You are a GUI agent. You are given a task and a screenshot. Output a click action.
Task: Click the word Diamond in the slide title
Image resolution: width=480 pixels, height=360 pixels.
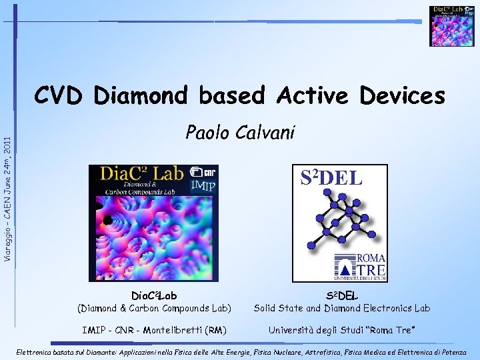click(x=141, y=96)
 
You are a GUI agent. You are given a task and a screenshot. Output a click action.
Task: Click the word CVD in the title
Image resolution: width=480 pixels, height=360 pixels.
click(x=59, y=96)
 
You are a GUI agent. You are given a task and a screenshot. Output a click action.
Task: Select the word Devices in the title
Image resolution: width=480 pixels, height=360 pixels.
click(x=402, y=96)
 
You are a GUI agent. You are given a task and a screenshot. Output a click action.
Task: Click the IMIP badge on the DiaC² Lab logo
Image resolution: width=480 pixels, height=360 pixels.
click(x=203, y=185)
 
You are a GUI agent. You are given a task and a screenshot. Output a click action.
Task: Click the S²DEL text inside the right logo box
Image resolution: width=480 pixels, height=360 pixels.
click(x=331, y=177)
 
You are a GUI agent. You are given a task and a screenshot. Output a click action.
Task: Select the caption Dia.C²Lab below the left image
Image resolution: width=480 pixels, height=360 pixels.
click(x=154, y=295)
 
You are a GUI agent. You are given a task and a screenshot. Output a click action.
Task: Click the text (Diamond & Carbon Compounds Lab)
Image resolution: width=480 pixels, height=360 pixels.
click(x=154, y=308)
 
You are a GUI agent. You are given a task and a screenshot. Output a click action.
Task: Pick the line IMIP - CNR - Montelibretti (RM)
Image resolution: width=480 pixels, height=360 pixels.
click(x=154, y=329)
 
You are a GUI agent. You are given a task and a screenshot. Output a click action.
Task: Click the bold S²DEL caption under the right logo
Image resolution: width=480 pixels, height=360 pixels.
click(x=342, y=295)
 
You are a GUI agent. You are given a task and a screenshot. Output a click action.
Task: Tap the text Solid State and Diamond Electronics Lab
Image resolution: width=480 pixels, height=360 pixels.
click(x=342, y=308)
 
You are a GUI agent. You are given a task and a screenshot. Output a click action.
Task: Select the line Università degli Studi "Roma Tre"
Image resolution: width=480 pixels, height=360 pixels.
click(x=342, y=329)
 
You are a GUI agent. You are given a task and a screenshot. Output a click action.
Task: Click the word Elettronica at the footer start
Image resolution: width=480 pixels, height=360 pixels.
click(x=33, y=351)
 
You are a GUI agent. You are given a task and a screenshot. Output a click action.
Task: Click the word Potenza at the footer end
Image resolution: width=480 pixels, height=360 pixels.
click(x=457, y=351)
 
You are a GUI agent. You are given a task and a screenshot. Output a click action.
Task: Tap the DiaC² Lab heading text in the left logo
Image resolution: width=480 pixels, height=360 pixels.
click(x=141, y=174)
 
